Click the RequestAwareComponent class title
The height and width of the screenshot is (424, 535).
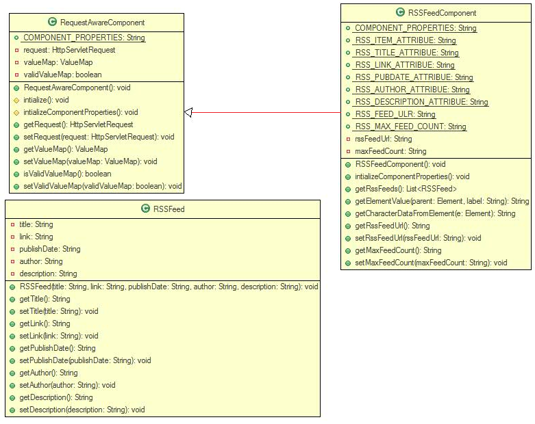click(101, 23)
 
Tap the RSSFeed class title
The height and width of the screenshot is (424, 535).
click(169, 209)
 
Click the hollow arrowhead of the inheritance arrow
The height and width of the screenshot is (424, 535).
click(189, 112)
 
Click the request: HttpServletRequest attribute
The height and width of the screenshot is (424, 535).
click(69, 50)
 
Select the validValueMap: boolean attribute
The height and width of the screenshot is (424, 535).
click(63, 75)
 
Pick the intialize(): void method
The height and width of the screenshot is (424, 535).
click(46, 100)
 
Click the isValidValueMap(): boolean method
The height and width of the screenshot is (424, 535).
click(67, 174)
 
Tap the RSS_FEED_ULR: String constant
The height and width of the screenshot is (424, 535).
click(395, 114)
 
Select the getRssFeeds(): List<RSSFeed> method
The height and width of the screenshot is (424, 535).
click(406, 189)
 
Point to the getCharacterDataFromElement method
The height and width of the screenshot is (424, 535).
click(434, 213)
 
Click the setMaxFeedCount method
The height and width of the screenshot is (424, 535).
click(431, 263)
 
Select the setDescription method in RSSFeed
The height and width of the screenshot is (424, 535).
click(82, 410)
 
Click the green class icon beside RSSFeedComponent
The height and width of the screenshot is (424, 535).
click(401, 13)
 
